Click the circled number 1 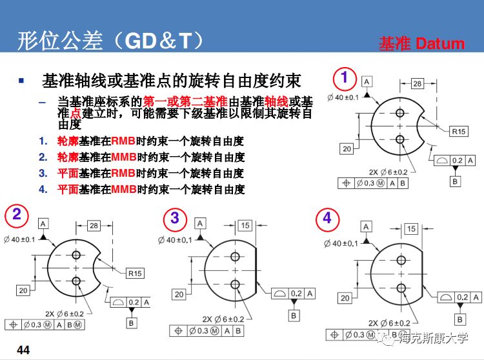tap(345, 79)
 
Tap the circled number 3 tap(174, 218)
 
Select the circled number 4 tap(327, 218)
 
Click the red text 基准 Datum tap(421, 44)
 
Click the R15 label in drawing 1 tap(458, 131)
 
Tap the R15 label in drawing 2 tap(134, 273)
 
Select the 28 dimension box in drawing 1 tap(417, 84)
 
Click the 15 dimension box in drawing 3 tap(245, 226)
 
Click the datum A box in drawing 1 tap(367, 81)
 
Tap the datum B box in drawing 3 tap(294, 315)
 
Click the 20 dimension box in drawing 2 tap(23, 291)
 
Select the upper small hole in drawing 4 tap(401, 260)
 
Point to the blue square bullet tap(21, 81)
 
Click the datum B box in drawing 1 tap(456, 181)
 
